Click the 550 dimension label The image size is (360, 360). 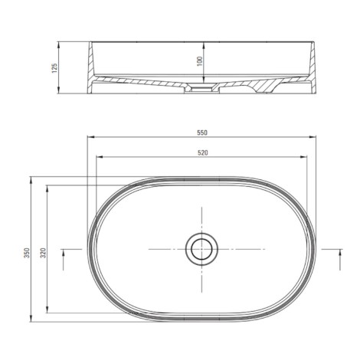(202, 133)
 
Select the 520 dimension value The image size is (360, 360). (203, 152)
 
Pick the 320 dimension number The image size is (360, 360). (44, 253)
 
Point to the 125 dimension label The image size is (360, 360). (54, 68)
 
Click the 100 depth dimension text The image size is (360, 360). (200, 61)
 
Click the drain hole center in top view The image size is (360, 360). (201, 249)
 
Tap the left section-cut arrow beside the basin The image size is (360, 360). (64, 260)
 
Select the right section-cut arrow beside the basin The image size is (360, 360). (340, 260)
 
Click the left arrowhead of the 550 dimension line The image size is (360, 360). (91, 137)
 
